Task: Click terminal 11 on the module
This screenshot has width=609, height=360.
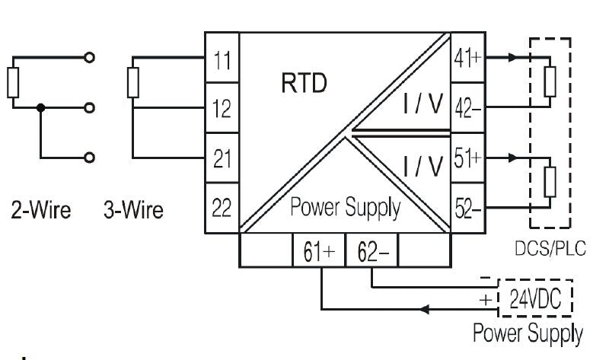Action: pyautogui.click(x=222, y=60)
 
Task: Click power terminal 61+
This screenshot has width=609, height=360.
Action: pyautogui.click(x=320, y=250)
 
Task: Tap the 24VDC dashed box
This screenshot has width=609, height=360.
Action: pyautogui.click(x=534, y=299)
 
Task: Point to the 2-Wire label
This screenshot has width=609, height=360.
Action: pyautogui.click(x=41, y=209)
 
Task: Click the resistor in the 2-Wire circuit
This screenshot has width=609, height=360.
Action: pyautogui.click(x=12, y=82)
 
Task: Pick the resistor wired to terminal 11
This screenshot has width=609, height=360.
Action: pyautogui.click(x=134, y=82)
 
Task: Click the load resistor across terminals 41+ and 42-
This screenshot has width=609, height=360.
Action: pyautogui.click(x=550, y=81)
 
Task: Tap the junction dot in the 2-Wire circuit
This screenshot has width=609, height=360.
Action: pyautogui.click(x=41, y=108)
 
